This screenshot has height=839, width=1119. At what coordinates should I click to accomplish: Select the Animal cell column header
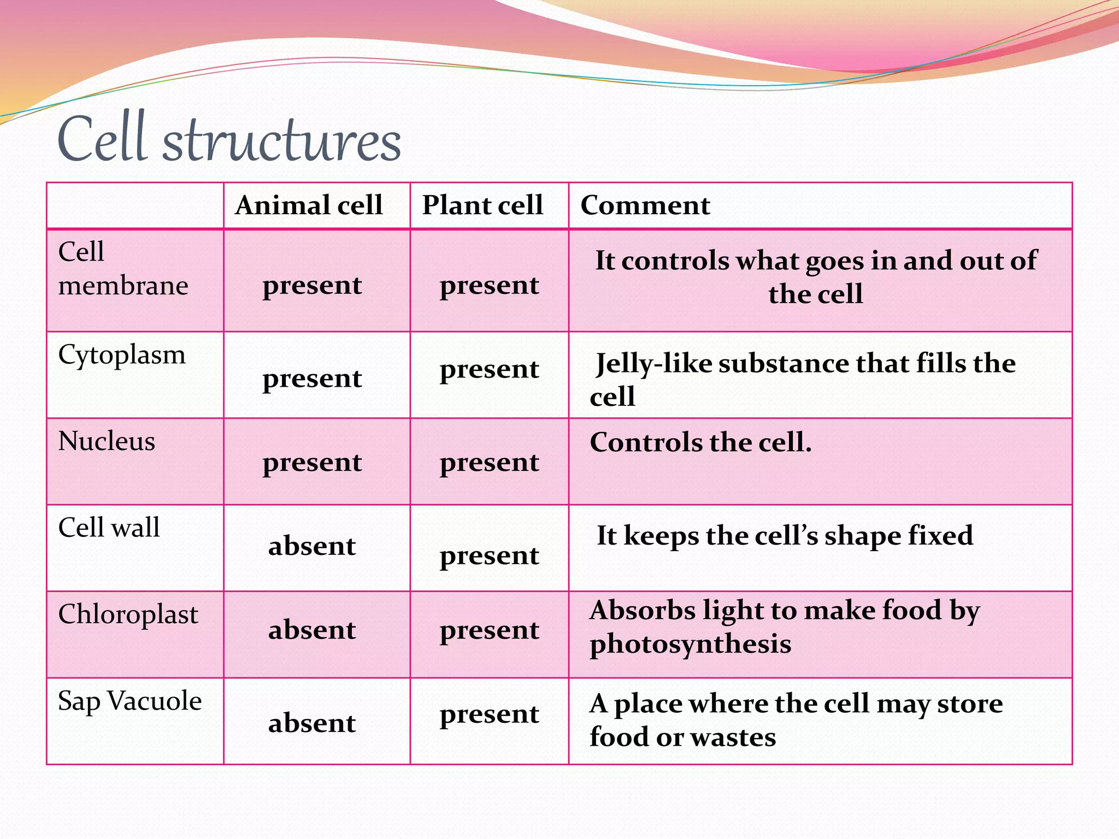pyautogui.click(x=309, y=205)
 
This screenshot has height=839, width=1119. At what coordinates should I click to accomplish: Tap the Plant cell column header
pyautogui.click(x=482, y=205)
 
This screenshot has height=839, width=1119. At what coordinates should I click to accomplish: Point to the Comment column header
pyautogui.click(x=645, y=205)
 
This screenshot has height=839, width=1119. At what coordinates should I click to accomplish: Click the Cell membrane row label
pyautogui.click(x=123, y=269)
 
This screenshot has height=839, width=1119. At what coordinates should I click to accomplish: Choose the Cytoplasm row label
pyautogui.click(x=122, y=355)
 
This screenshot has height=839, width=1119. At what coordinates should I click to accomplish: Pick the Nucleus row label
pyautogui.click(x=107, y=441)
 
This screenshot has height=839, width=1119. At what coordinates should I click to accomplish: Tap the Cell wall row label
pyautogui.click(x=109, y=528)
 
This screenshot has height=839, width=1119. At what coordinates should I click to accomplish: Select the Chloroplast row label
pyautogui.click(x=128, y=614)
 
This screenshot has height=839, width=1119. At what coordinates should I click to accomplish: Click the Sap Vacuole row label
pyautogui.click(x=129, y=701)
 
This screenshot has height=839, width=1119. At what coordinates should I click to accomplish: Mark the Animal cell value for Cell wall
pyautogui.click(x=312, y=546)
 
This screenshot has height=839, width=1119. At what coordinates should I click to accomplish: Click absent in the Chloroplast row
pyautogui.click(x=312, y=630)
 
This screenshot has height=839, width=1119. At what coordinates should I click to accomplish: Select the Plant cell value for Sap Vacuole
pyautogui.click(x=489, y=714)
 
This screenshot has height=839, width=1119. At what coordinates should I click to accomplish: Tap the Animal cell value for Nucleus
pyautogui.click(x=312, y=463)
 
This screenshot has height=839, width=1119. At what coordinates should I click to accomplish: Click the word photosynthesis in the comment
pyautogui.click(x=690, y=645)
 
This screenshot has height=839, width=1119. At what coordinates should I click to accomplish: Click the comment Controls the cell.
pyautogui.click(x=700, y=442)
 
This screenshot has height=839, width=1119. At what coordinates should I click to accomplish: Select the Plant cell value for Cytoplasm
pyautogui.click(x=489, y=370)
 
